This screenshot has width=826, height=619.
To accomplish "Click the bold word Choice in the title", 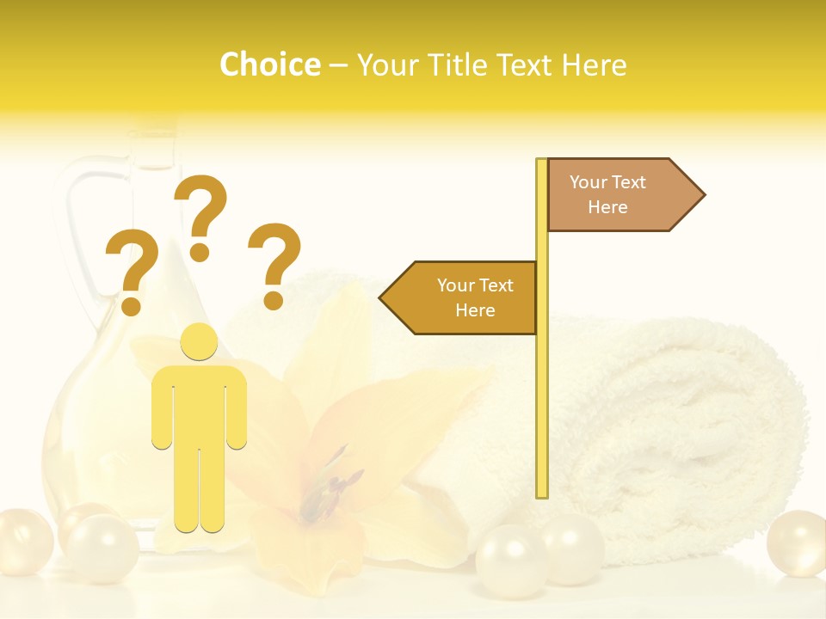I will click(x=269, y=64).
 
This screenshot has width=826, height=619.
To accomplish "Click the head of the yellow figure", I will click(x=199, y=342).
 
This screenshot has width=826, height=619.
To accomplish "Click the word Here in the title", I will click(x=594, y=64).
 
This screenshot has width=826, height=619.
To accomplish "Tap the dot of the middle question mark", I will click(x=200, y=252).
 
